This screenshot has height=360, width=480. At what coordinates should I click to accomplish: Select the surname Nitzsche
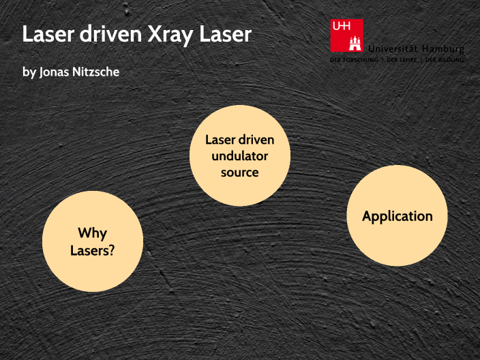[x=95, y=72]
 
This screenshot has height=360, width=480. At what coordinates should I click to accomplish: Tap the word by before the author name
[x=29, y=72]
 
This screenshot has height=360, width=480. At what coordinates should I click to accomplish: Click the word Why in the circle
[x=92, y=233]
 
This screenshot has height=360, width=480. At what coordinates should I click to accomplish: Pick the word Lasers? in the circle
[x=92, y=250]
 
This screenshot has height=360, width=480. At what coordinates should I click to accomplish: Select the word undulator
[x=240, y=156]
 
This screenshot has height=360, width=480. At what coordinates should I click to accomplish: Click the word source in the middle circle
[x=240, y=172]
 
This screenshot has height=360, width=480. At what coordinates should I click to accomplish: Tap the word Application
[x=397, y=216]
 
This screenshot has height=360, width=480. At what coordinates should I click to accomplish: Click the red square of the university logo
[x=346, y=35]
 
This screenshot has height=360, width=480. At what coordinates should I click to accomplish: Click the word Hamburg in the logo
[x=443, y=49]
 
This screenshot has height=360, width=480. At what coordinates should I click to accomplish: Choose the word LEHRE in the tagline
[x=408, y=60]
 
